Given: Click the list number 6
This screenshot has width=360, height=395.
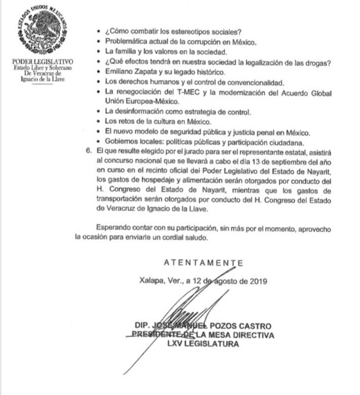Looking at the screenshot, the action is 88,152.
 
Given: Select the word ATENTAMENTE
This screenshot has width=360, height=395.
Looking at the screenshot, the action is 202,262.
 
